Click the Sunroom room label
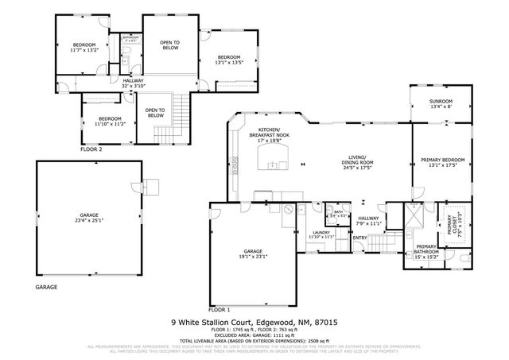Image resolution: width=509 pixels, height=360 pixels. [x=441, y=104]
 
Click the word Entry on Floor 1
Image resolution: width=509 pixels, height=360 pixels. [x=360, y=238]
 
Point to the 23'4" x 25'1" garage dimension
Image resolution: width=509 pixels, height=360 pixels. [x=88, y=219]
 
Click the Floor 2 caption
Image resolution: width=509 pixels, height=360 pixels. [x=92, y=149]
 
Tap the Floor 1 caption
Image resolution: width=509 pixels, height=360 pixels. [x=220, y=309]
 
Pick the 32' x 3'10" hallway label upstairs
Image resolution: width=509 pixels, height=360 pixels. [x=133, y=83]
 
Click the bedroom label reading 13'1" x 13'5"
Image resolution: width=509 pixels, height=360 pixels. [x=229, y=60]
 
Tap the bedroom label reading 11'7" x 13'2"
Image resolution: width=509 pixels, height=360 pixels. [x=84, y=48]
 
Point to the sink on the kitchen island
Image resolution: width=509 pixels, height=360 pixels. [x=277, y=166]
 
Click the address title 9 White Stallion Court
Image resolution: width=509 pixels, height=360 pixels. [x=254, y=323]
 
